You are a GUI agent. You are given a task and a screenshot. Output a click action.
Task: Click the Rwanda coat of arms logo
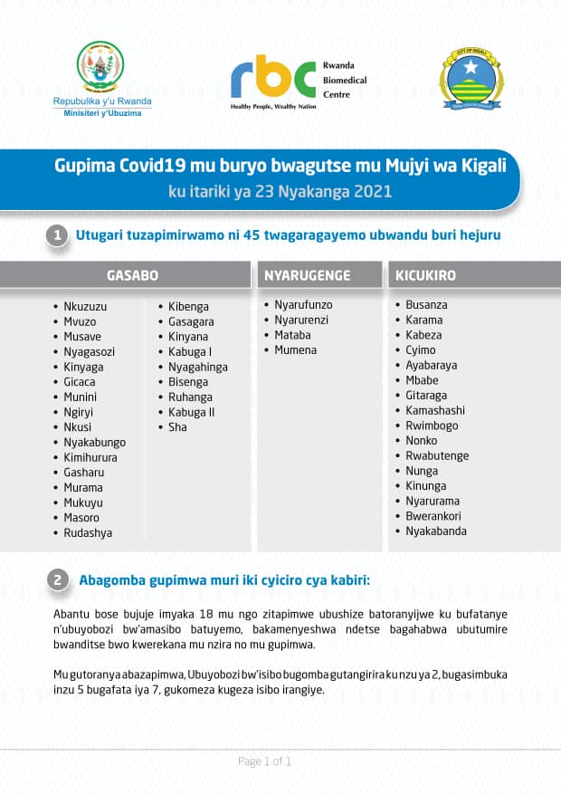pyautogui.click(x=100, y=66)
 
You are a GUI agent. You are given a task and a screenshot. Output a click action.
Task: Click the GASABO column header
pyautogui.click(x=132, y=274)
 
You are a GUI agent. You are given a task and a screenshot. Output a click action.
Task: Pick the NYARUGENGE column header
pyautogui.click(x=306, y=274)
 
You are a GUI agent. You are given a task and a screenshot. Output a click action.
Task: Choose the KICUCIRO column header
pyautogui.click(x=425, y=274)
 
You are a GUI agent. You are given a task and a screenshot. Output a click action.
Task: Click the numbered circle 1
pyautogui.click(x=57, y=235)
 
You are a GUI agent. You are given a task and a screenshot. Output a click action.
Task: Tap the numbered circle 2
pyautogui.click(x=57, y=580)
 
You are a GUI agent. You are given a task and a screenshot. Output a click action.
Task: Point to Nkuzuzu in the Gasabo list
pyautogui.click(x=85, y=306)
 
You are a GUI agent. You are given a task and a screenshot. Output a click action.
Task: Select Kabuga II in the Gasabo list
pyautogui.click(x=191, y=412)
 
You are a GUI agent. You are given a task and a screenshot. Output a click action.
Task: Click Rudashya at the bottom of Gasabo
pyautogui.click(x=88, y=533)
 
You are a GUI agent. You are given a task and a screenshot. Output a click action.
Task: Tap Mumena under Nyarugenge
pyautogui.click(x=296, y=349)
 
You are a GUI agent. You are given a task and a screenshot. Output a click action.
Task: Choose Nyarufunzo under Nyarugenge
pyautogui.click(x=304, y=305)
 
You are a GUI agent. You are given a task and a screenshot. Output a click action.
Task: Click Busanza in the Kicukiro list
pyautogui.click(x=426, y=305)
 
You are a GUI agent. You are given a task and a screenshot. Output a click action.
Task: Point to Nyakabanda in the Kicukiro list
pyautogui.click(x=436, y=531)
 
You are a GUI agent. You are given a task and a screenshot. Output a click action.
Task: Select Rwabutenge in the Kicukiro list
pyautogui.click(x=437, y=455)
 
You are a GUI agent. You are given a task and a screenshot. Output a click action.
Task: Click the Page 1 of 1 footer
pyautogui.click(x=264, y=761)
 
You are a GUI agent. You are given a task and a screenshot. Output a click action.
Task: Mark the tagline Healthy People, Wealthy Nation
pyautogui.click(x=271, y=107)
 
